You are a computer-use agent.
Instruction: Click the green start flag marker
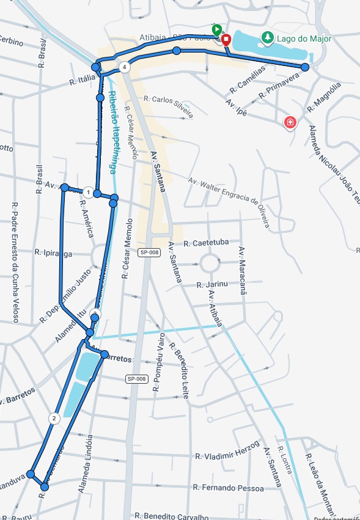216,29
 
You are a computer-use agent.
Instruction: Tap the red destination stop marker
226,40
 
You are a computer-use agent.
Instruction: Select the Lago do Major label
304,38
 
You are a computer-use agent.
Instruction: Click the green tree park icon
267,38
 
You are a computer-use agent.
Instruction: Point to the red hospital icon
290,123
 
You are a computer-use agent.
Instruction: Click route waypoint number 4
125,67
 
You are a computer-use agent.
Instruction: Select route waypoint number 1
88,193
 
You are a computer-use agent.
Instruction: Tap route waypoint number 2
54,419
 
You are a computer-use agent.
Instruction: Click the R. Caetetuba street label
206,242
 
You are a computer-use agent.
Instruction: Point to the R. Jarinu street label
212,284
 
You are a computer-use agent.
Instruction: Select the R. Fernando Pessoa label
228,488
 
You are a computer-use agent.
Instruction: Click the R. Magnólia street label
323,97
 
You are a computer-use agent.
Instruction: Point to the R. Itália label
83,78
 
